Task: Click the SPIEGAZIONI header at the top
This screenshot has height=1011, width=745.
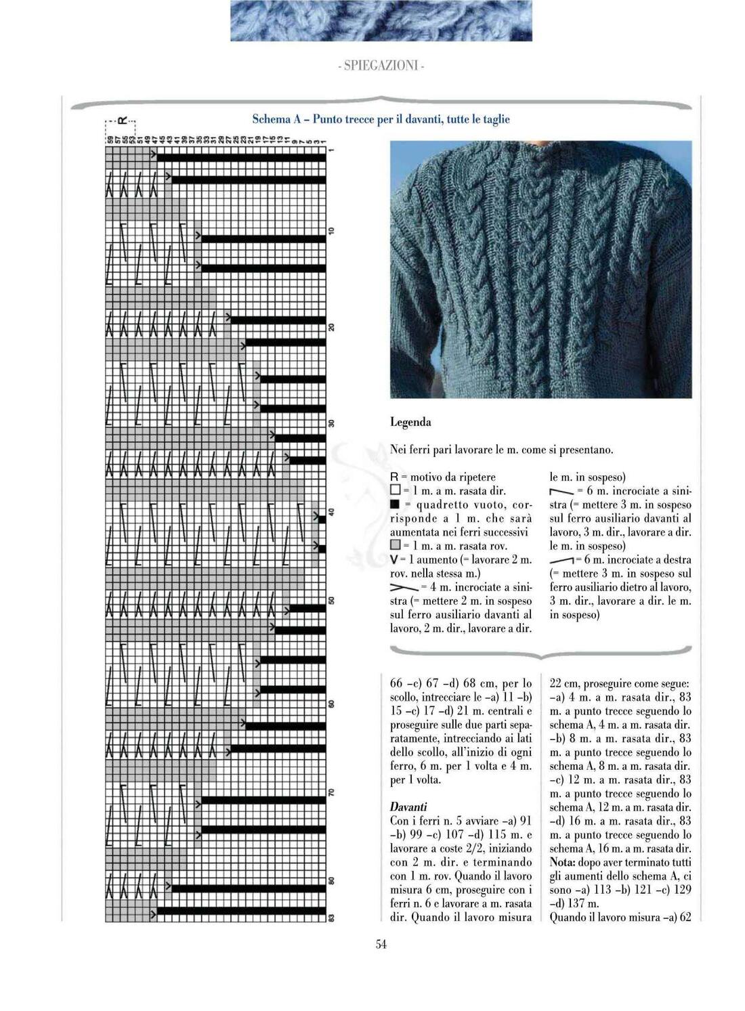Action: [x=381, y=66]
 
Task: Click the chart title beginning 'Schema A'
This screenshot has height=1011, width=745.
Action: [x=381, y=119]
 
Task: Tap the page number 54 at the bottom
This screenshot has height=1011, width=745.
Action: [x=381, y=945]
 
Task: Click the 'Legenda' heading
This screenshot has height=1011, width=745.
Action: [x=410, y=423]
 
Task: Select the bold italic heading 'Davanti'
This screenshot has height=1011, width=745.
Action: [x=408, y=806]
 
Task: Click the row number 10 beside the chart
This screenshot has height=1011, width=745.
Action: [x=331, y=232]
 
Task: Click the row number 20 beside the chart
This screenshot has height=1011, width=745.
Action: [x=331, y=328]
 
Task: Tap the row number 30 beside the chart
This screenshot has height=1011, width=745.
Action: [x=331, y=424]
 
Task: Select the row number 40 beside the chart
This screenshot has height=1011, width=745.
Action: [x=331, y=512]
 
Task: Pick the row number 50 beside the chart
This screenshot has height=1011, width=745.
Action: [x=331, y=601]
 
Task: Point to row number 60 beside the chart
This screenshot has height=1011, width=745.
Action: [x=331, y=704]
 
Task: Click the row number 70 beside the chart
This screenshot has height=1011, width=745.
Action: [x=331, y=793]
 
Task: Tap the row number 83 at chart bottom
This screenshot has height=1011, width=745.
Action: [x=331, y=918]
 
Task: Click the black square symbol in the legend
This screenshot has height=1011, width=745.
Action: [x=396, y=504]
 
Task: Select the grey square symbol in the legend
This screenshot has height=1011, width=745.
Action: [x=396, y=545]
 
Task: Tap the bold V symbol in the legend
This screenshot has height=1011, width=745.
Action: [x=394, y=559]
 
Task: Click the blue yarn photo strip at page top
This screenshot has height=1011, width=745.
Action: [x=381, y=20]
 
